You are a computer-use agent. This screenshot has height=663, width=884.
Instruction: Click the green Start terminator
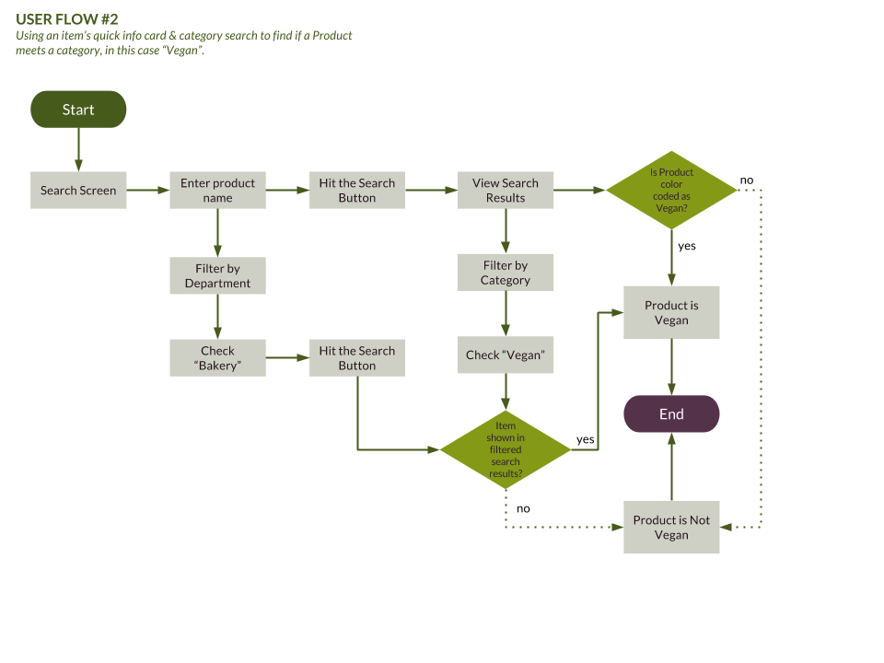pos(78,110)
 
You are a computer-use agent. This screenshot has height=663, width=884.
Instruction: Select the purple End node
pos(671,414)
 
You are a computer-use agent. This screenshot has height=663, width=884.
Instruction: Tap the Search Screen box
pos(78,191)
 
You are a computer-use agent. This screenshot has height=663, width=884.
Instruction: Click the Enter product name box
pos(217,191)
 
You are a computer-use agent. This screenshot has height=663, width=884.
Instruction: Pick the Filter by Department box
pos(217,276)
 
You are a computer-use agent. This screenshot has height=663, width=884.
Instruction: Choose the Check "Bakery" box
pos(217,358)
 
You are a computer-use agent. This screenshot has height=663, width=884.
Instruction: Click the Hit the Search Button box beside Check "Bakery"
pos(356,358)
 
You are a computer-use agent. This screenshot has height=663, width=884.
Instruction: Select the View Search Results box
pos(506,191)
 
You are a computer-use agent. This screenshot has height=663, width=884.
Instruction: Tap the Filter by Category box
pos(506,273)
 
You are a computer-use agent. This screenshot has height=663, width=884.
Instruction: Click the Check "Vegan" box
pos(506,355)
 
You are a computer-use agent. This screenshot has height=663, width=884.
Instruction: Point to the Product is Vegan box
pos(671,313)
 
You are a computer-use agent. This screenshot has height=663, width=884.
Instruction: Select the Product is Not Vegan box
pos(671,528)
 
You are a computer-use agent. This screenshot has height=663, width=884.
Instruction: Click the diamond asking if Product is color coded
pos(671,191)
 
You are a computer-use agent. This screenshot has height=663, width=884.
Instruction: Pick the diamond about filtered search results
pos(506,450)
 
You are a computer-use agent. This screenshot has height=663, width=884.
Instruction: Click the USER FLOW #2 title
pos(67,19)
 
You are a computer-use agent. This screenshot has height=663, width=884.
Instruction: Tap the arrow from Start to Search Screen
pos(78,149)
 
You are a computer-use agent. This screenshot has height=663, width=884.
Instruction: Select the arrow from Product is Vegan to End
pos(671,366)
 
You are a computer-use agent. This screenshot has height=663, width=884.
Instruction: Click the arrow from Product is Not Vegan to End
pos(671,468)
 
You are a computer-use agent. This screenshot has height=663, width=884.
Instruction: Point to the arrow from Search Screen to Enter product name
pos(147,191)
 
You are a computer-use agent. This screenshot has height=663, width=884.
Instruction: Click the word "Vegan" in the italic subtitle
pos(188,50)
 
